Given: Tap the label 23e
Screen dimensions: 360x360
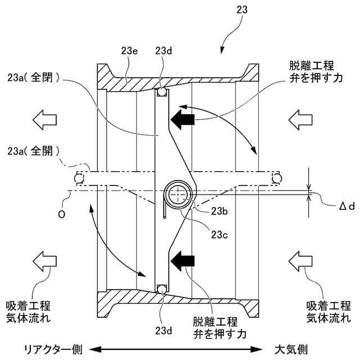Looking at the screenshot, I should pos(130,50).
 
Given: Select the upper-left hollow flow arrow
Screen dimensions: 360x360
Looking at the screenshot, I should pos(46,119).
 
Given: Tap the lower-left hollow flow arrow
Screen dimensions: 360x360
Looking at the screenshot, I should pos(46,260).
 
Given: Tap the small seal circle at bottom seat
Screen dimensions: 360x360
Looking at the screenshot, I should pos(162,290).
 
